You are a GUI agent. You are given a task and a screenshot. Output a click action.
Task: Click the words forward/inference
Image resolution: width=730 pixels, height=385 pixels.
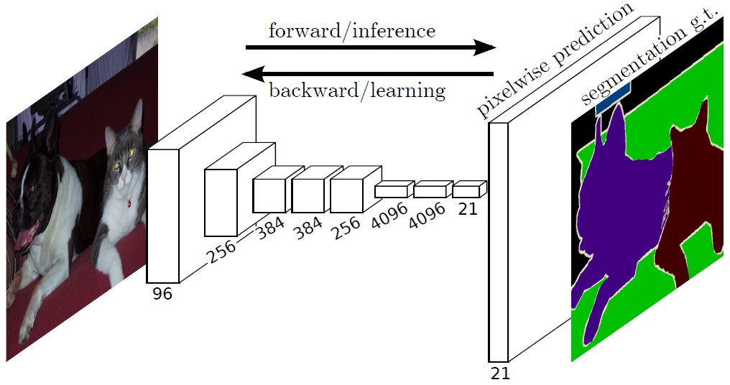click(x=351, y=31)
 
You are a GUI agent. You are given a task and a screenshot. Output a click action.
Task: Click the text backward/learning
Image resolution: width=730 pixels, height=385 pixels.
click(x=356, y=91)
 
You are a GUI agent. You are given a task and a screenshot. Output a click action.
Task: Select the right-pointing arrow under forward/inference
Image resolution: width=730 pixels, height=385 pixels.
click(x=370, y=48)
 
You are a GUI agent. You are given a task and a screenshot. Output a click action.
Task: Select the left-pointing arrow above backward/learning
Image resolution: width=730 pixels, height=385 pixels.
click(x=368, y=73)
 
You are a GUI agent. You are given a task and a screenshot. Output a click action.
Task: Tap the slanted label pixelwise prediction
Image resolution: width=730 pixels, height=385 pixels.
click(x=546, y=62)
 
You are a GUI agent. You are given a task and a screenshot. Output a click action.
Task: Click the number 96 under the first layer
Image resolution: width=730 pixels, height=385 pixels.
click(x=162, y=294)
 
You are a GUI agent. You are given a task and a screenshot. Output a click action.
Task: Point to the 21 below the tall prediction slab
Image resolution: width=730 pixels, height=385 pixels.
click(x=499, y=374)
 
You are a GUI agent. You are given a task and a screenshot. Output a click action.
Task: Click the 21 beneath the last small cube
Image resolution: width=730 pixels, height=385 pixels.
click(x=467, y=208)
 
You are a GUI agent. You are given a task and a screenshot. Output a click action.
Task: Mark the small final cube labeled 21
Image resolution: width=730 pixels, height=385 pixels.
click(x=467, y=190)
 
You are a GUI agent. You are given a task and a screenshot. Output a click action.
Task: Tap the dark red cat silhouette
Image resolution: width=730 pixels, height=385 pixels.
click(x=686, y=194)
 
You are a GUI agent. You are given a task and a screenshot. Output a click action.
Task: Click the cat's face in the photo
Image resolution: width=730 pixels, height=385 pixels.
click(x=123, y=162)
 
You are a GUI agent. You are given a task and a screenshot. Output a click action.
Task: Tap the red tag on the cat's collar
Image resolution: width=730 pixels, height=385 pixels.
click(x=128, y=202)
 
